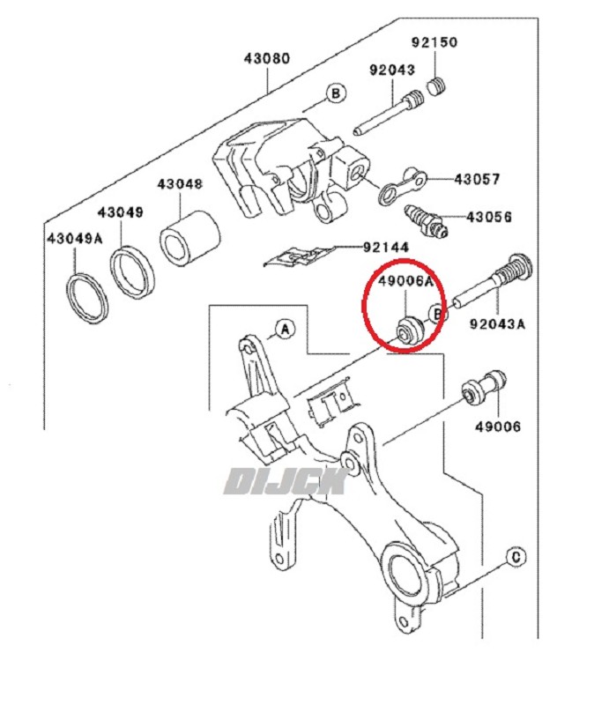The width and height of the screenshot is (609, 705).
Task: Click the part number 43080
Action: pyautogui.click(x=266, y=60)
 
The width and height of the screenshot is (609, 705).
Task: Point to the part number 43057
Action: pyautogui.click(x=477, y=179)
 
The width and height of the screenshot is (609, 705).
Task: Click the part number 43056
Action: pyautogui.click(x=488, y=216)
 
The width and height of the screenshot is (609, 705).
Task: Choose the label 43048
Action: pyautogui.click(x=180, y=185)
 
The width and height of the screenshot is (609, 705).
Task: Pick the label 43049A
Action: pyautogui.click(x=75, y=238)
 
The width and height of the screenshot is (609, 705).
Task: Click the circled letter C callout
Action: pyautogui.click(x=516, y=556)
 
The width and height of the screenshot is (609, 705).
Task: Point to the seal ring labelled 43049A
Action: pyautogui.click(x=88, y=297)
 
